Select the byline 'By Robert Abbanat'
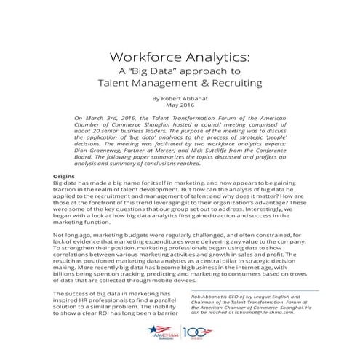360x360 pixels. click(180, 97)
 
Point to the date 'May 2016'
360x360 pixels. click(180, 105)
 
